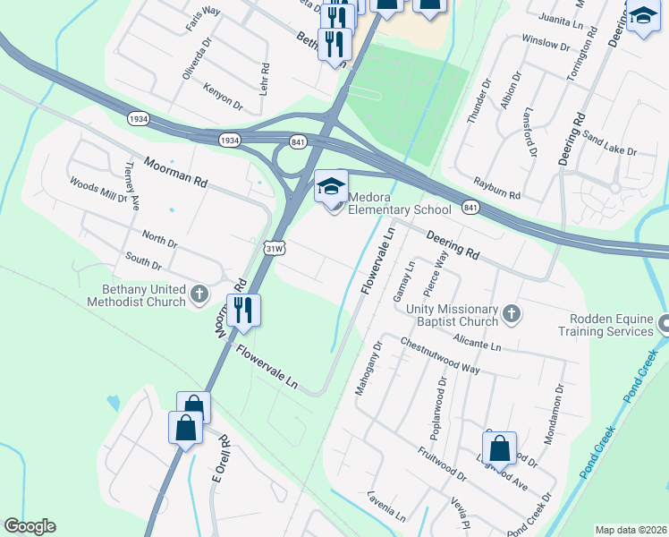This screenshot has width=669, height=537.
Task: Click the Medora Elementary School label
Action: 399,204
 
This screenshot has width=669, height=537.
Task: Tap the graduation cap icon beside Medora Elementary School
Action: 331,186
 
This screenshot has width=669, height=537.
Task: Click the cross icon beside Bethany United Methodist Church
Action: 199,293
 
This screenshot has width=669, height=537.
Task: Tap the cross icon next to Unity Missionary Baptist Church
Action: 511,313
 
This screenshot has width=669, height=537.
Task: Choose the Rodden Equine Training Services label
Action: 612,325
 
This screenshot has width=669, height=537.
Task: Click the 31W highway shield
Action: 275,248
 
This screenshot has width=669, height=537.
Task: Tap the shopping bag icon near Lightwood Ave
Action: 500,448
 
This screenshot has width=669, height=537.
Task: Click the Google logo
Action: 30,526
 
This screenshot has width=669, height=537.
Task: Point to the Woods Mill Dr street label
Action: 98,190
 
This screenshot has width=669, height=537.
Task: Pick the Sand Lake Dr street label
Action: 608,144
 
